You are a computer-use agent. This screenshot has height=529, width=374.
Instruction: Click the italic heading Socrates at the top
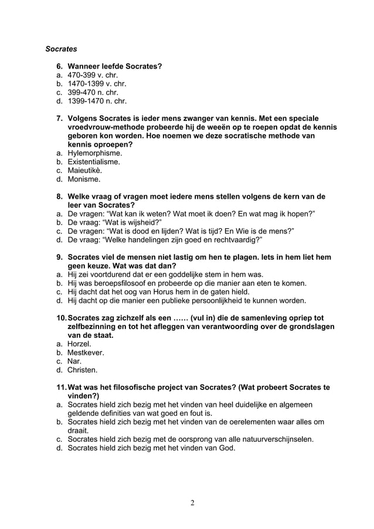(x=62, y=48)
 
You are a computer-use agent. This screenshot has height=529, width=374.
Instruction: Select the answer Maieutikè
(x=85, y=170)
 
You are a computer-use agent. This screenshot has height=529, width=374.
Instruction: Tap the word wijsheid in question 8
(x=135, y=222)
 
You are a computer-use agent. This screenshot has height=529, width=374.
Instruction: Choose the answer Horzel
(x=79, y=344)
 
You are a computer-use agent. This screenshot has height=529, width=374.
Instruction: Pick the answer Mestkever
(x=86, y=352)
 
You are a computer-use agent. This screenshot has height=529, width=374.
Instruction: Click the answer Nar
(x=74, y=361)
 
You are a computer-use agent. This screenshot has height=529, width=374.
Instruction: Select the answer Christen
(x=83, y=370)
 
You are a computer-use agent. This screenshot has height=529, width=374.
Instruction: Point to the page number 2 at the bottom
(x=192, y=503)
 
